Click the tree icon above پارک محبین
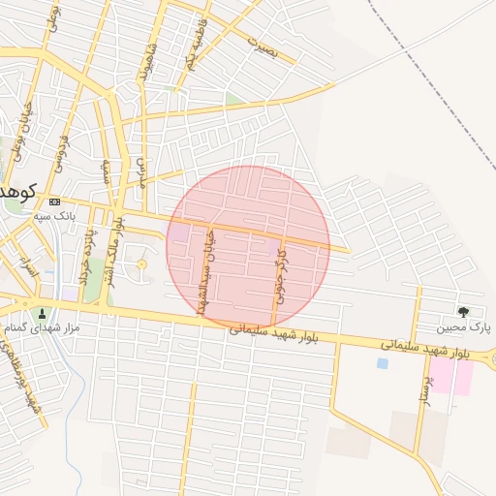point(463,311)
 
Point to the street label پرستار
point(422,388)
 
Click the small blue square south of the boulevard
point(382,363)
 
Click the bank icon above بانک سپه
point(53,201)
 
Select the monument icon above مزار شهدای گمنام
point(42,314)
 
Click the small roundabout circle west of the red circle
point(141,264)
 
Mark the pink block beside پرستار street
point(450,376)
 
